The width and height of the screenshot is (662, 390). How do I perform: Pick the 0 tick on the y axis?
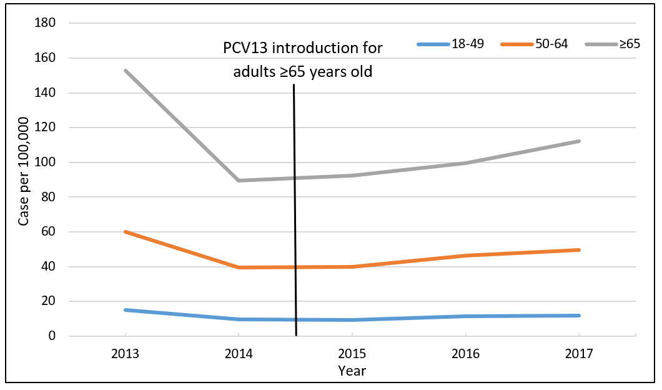tap(52, 336)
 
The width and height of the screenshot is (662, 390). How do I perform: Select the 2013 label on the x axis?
tap(126, 354)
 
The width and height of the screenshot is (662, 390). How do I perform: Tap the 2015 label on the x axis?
tap(352, 354)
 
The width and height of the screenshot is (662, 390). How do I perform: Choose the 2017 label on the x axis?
tap(579, 354)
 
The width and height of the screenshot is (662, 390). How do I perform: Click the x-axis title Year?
tap(352, 371)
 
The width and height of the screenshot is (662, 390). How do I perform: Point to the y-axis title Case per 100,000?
tap(23, 180)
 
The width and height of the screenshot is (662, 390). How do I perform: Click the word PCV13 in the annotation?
tap(245, 48)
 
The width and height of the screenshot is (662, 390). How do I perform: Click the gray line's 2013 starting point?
tap(126, 71)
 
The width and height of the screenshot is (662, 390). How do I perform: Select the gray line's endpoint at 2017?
tap(579, 141)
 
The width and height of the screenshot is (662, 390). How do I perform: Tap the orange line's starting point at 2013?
tap(126, 232)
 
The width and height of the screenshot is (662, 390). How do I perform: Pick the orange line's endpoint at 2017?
tap(579, 250)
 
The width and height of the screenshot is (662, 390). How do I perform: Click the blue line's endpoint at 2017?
tap(579, 316)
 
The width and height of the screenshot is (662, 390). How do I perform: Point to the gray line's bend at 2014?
tap(239, 181)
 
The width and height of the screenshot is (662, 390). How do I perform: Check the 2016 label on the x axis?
tap(466, 354)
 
